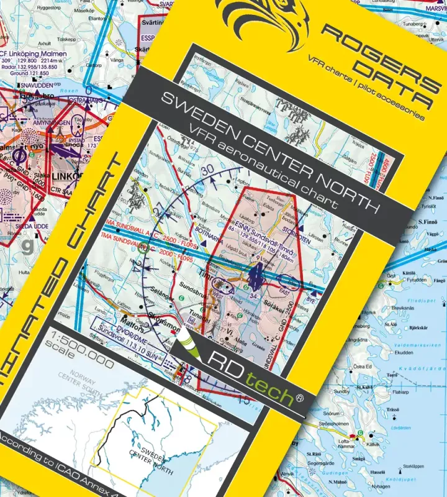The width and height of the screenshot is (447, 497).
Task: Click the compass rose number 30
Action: pyautogui.click(x=206, y=169)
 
